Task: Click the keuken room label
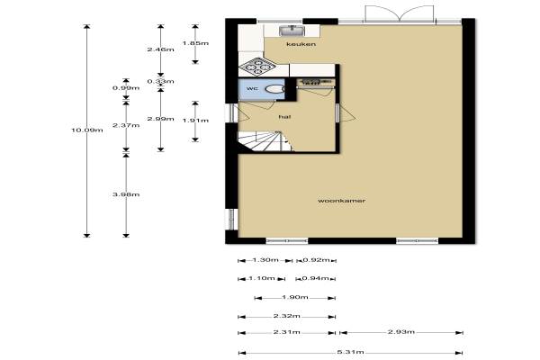tap(301, 44)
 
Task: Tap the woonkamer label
tap(341, 201)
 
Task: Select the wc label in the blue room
tap(252, 88)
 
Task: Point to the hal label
tap(284, 117)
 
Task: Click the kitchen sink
tap(292, 31)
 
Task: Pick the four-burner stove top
tap(257, 67)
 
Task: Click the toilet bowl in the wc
tap(274, 89)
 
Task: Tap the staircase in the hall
tap(265, 141)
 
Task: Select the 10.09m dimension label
tap(86, 130)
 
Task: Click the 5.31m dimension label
tap(350, 352)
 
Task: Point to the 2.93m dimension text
tap(401, 332)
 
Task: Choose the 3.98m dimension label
tap(126, 194)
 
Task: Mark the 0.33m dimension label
tap(160, 81)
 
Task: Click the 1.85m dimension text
tap(195, 43)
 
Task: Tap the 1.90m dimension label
tap(295, 297)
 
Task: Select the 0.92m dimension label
tap(316, 260)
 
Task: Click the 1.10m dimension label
tap(262, 278)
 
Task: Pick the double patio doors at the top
tap(399, 13)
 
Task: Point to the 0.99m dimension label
tap(126, 88)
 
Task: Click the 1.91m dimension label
tap(195, 121)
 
